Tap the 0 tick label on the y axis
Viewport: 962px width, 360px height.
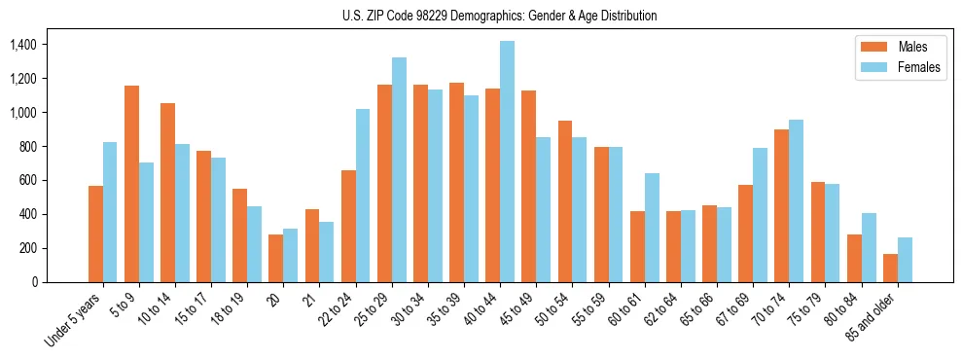click(35, 282)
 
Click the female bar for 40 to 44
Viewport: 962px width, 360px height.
click(507, 162)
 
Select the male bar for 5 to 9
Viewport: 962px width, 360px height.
click(131, 184)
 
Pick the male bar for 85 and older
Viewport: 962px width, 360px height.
click(890, 268)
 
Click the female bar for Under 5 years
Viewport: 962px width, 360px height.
click(110, 212)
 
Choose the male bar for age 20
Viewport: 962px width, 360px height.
click(276, 258)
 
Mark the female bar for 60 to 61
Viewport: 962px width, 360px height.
click(652, 228)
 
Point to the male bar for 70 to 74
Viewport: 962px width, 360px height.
click(782, 205)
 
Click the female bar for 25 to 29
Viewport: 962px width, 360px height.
click(399, 169)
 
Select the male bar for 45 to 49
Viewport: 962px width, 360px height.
click(529, 186)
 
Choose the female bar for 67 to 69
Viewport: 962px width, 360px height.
click(761, 215)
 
